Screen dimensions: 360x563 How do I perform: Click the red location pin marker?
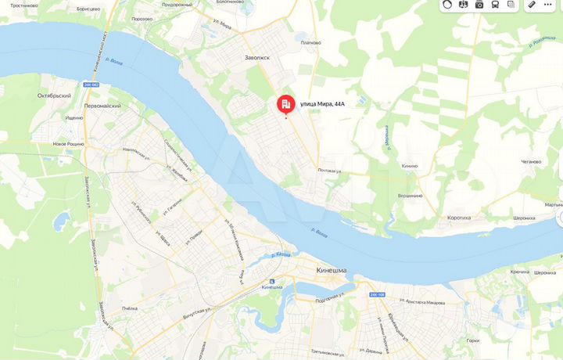pos(286,105)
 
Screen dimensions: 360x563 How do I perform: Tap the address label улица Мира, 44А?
pos(322,104)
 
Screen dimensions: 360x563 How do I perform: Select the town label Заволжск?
pos(256,56)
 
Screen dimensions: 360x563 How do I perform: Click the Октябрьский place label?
pos(54,95)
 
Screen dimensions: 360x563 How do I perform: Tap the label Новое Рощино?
pos(69,144)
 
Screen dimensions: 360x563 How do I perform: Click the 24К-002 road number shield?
pos(91,85)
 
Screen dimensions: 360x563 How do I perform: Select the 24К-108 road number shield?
pos(378,294)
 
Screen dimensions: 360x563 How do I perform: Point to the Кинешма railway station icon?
pos(272,281)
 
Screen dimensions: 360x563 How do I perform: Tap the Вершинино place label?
pos(410,196)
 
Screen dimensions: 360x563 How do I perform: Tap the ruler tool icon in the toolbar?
pos(532,5)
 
